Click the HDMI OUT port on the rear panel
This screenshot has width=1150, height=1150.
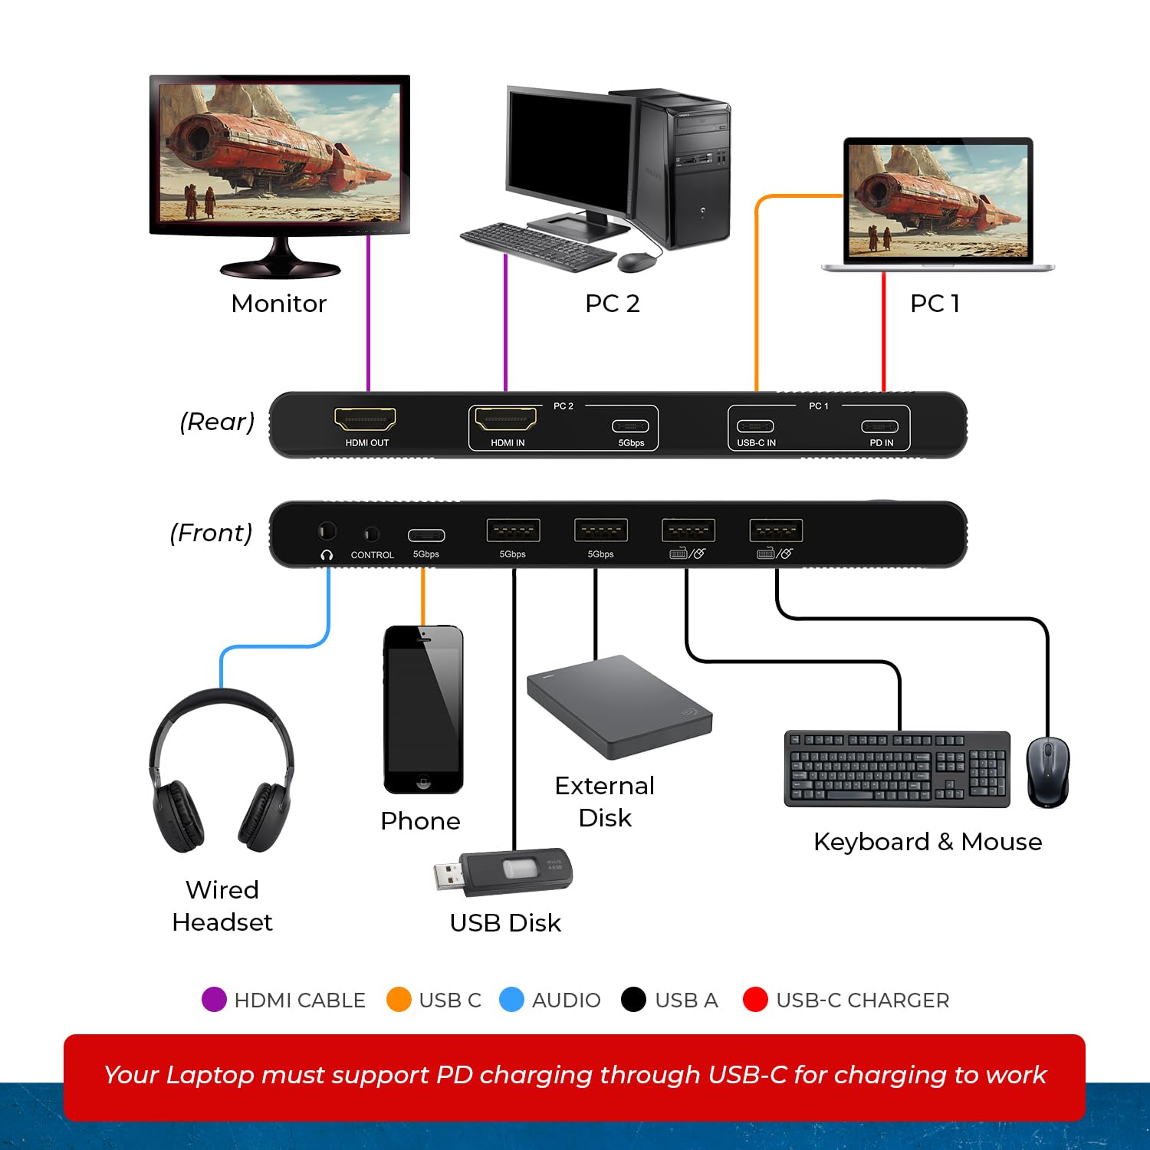point(365,419)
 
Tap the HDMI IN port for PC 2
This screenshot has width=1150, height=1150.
point(505,419)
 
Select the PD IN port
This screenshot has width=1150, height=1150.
point(879,427)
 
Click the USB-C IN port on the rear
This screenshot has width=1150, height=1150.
point(755,426)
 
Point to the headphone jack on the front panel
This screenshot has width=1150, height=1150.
point(327,531)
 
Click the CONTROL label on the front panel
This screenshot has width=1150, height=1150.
point(372,555)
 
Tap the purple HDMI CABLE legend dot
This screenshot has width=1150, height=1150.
point(214,1000)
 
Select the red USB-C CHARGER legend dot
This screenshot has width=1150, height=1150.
point(755,1000)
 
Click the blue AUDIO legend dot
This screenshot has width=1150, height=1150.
point(511,1000)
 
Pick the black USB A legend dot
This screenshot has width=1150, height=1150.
point(633,1000)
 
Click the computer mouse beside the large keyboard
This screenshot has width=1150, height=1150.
point(1047,771)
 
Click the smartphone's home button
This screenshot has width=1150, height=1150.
point(423,783)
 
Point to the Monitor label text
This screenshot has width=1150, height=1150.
point(279,304)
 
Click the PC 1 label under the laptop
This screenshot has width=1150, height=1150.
point(935,304)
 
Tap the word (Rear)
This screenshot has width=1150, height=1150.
point(217,422)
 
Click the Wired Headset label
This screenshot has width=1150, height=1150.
point(222,905)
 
